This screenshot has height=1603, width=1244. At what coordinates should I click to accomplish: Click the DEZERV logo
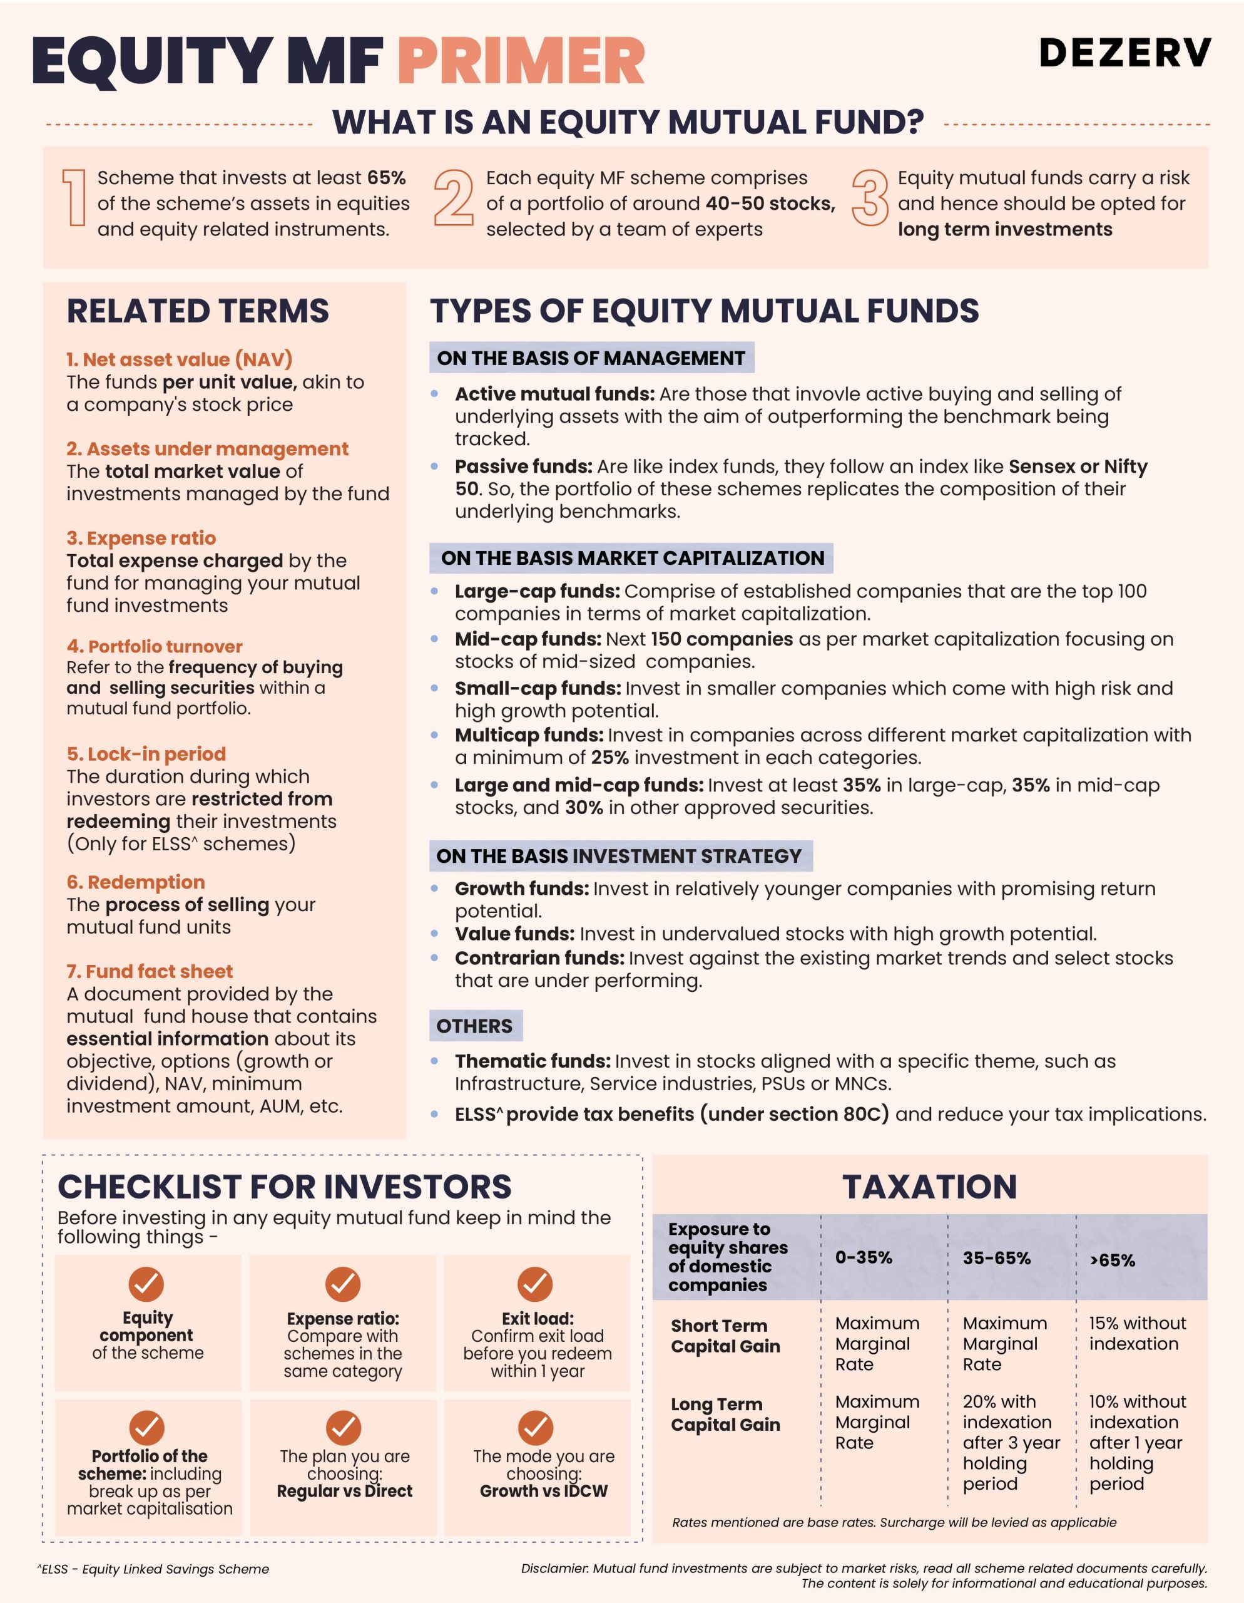tap(1124, 54)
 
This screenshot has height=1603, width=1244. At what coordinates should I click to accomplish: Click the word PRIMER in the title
tap(521, 61)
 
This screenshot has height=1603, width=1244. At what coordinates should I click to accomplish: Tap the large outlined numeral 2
tap(453, 198)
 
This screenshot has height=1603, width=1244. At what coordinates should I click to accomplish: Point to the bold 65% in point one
tap(387, 178)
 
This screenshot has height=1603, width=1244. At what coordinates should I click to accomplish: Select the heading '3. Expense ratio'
tap(141, 538)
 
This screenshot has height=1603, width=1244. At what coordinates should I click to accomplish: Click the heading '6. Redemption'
tap(136, 882)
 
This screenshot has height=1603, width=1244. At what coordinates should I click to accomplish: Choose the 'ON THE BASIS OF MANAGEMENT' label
tap(591, 358)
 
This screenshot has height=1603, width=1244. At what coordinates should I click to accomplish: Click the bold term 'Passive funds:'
tap(523, 466)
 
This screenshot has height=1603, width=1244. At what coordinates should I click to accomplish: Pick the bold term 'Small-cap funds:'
tap(538, 688)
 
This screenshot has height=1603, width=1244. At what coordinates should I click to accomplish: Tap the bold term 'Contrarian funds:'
tap(539, 958)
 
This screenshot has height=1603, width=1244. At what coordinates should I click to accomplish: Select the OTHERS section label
tap(474, 1026)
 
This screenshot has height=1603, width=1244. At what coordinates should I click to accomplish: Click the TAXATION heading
tap(929, 1187)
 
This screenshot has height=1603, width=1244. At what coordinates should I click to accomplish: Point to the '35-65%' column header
tap(996, 1258)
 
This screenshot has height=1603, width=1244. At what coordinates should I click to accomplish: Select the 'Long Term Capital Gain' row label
tap(725, 1415)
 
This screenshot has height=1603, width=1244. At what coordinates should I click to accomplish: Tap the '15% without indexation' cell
tap(1136, 1334)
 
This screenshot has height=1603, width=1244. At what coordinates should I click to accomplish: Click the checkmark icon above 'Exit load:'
tap(536, 1284)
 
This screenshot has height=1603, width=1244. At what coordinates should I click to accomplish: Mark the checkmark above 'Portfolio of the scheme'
tap(146, 1428)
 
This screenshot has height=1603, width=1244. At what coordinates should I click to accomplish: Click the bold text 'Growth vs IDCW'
tap(544, 1492)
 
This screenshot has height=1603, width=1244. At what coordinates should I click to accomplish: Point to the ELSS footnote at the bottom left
tap(153, 1569)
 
